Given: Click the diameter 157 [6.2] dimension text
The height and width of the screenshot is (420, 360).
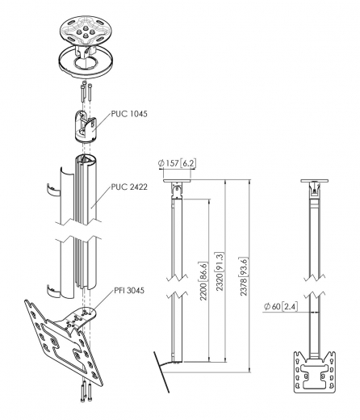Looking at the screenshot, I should [176, 163].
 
